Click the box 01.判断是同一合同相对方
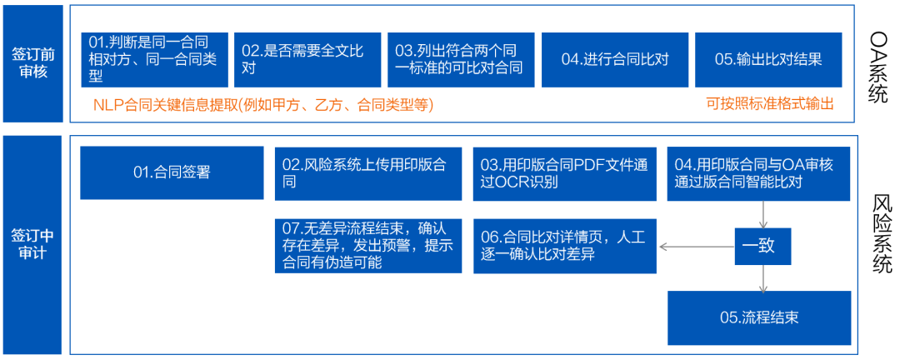coord(154,60)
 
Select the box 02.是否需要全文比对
coord(307,60)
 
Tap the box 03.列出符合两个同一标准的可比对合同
coord(461,60)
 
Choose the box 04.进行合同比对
coord(615,60)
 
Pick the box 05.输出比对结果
coord(768,60)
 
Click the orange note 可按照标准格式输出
coord(770,104)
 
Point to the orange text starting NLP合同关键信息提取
coord(262,104)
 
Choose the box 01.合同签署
coord(172,172)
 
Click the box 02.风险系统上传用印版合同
coord(368,173)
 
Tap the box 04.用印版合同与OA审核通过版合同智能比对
coord(759,173)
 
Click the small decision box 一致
coord(763,247)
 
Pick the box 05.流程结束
coord(759,318)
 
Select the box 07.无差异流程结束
coord(368,246)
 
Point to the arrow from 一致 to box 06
coord(697,247)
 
